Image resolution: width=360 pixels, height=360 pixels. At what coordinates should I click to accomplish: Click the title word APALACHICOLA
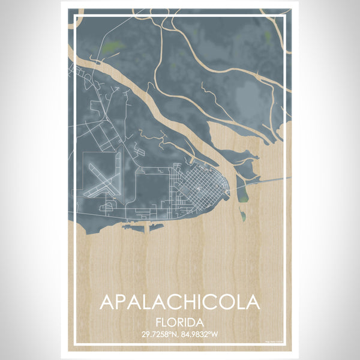[180, 301]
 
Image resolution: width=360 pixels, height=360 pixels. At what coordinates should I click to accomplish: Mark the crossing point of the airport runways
[100, 181]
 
